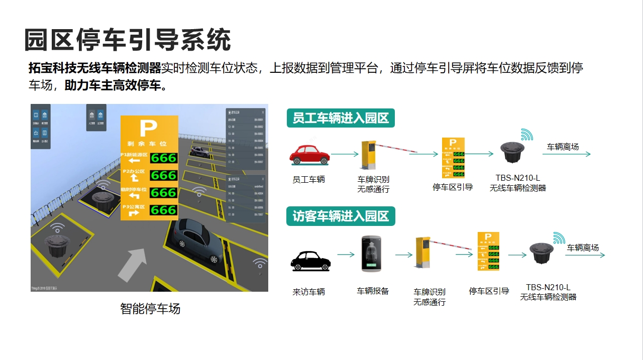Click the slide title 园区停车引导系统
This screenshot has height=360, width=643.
128,40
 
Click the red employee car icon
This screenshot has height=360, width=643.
309,155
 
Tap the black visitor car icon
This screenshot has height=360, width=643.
311,260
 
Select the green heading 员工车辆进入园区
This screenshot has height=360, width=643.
341,118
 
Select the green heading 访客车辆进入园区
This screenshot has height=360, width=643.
341,216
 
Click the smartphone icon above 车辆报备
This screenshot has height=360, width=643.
371,254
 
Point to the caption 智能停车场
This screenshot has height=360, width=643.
150,308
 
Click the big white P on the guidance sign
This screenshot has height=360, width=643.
148,129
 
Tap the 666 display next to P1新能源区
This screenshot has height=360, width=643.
164,158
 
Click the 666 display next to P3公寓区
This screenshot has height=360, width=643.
164,210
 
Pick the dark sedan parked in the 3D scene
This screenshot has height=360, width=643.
198,240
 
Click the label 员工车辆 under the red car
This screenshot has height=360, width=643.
308,179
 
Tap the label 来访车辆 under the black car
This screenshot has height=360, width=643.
308,292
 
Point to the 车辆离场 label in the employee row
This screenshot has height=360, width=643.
563,147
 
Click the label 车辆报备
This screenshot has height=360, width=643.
373,291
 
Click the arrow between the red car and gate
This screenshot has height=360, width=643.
345,154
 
